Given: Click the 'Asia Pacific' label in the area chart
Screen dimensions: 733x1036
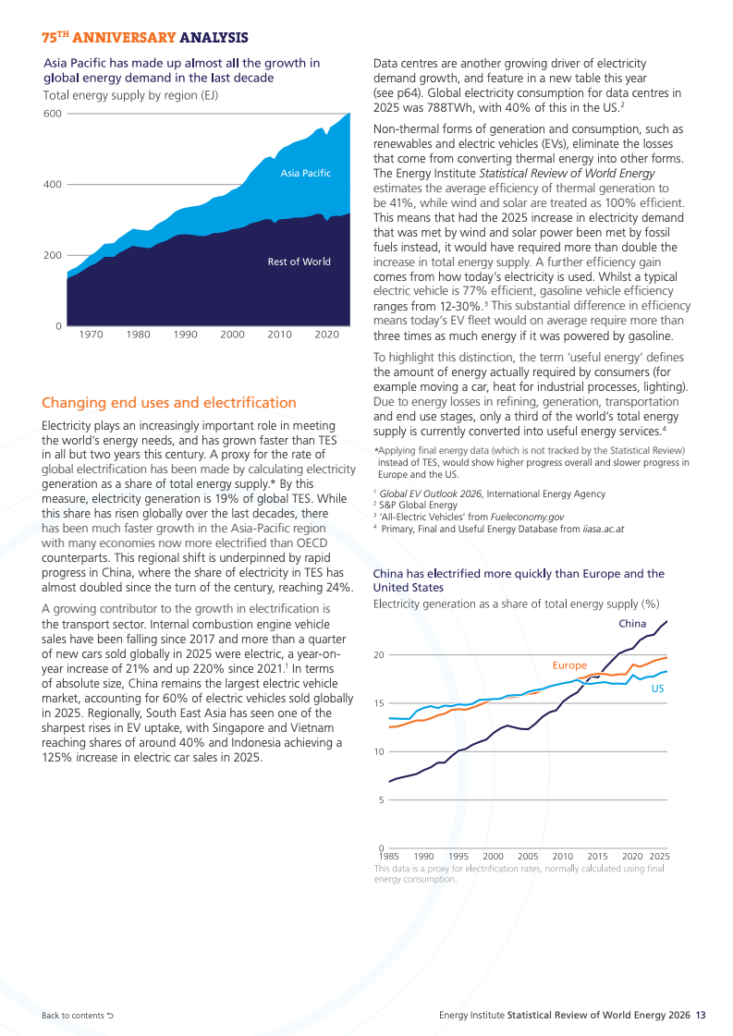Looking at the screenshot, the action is pyautogui.click(x=305, y=173).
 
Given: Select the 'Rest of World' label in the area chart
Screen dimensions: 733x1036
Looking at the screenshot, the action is pyautogui.click(x=299, y=262).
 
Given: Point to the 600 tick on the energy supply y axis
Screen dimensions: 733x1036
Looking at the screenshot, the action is pyautogui.click(x=52, y=114).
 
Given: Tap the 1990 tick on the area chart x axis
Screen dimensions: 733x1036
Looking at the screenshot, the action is pyautogui.click(x=185, y=335).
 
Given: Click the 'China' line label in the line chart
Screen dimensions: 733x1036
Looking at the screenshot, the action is pyautogui.click(x=632, y=624).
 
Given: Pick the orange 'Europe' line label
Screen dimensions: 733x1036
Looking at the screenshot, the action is pyautogui.click(x=569, y=665).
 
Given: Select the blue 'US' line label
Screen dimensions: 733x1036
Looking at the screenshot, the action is pyautogui.click(x=657, y=689).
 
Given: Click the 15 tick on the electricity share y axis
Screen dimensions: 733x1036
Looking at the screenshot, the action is pyautogui.click(x=379, y=703).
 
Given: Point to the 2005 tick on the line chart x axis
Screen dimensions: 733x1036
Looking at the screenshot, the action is pyautogui.click(x=528, y=857).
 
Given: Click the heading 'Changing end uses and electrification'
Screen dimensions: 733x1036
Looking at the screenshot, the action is pyautogui.click(x=169, y=402).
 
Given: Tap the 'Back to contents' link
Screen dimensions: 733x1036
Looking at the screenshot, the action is pyautogui.click(x=78, y=1016).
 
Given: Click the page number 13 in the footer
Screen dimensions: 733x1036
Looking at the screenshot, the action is pyautogui.click(x=701, y=1015).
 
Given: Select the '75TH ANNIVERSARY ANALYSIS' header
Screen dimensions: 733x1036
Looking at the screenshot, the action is pyautogui.click(x=145, y=38).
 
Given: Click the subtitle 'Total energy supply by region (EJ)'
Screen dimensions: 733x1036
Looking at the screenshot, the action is pyautogui.click(x=131, y=95).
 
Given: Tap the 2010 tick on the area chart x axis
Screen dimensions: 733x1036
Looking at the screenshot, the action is pyautogui.click(x=279, y=335).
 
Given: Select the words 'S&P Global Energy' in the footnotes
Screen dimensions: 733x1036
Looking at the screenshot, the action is pyautogui.click(x=418, y=506).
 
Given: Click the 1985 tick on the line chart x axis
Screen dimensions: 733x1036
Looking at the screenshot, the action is pyautogui.click(x=388, y=857).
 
